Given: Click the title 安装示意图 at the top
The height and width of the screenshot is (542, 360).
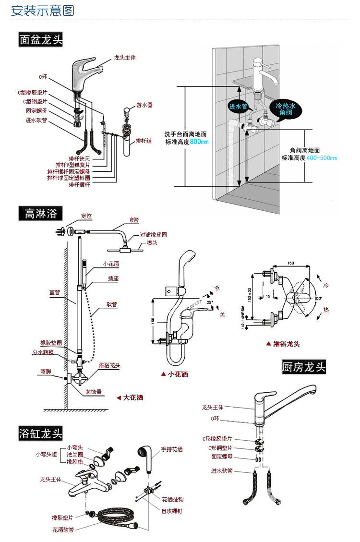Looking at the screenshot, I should [43, 10].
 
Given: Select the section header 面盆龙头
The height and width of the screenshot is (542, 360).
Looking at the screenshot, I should [41, 39].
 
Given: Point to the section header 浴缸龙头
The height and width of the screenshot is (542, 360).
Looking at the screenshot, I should [41, 434].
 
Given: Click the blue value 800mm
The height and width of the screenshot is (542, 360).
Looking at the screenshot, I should [199, 142].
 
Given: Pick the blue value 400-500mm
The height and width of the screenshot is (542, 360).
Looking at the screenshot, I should [322, 158].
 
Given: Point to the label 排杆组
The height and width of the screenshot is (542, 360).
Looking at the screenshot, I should [144, 141].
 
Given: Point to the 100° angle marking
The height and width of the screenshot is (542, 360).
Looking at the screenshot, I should [318, 298].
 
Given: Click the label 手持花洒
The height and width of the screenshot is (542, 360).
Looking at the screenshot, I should [172, 449].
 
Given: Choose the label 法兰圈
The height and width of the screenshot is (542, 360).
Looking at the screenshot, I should [75, 454].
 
